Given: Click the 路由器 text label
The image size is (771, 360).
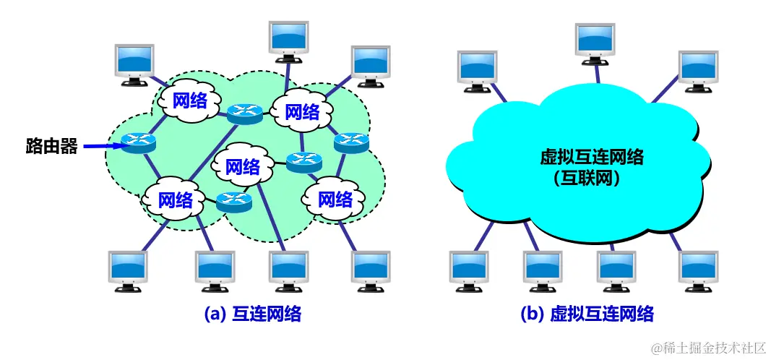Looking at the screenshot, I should click(51, 147).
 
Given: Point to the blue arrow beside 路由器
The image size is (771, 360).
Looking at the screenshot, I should click(101, 147).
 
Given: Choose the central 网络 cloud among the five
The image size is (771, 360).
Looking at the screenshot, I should click(242, 168).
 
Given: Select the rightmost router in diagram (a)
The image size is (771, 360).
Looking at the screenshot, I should click(352, 142).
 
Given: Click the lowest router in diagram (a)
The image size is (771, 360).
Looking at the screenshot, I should click(233, 201).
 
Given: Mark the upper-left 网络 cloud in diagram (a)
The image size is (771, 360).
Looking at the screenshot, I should click(190, 100).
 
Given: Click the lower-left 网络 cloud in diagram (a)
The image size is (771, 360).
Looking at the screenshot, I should click(175, 200).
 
